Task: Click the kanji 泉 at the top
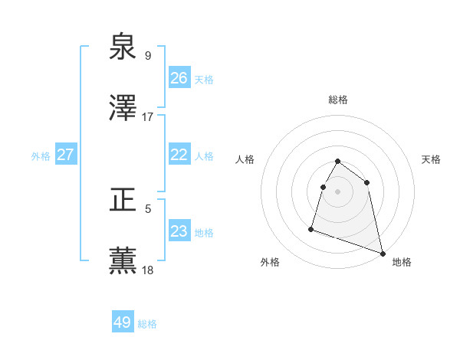click(x=123, y=47)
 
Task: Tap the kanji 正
click(x=123, y=201)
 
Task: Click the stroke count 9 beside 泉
click(x=148, y=56)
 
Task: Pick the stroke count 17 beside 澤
click(x=148, y=117)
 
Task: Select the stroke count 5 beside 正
click(x=148, y=208)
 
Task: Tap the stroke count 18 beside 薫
click(x=148, y=270)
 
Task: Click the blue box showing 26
click(x=179, y=78)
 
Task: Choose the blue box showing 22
click(x=179, y=155)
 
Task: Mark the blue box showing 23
click(x=179, y=231)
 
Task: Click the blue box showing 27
click(x=66, y=155)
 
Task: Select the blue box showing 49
click(x=123, y=322)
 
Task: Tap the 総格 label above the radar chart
click(x=338, y=100)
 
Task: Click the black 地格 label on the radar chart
click(x=402, y=262)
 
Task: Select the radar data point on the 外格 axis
click(x=311, y=228)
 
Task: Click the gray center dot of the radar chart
click(x=338, y=191)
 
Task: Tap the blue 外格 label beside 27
click(x=41, y=156)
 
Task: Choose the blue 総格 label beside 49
click(x=147, y=324)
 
